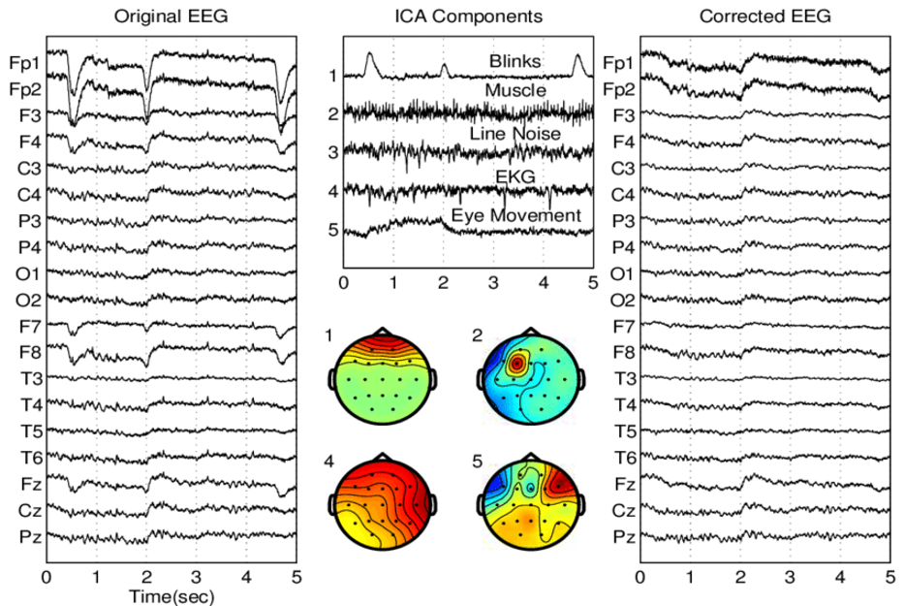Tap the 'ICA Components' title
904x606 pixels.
point(469,16)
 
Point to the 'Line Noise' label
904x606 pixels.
point(514,133)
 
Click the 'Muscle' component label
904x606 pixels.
point(514,91)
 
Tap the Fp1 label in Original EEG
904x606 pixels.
point(24,64)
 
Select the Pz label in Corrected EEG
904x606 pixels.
point(624,535)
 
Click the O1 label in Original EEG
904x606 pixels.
point(26,273)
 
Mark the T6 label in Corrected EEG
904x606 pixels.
point(624,457)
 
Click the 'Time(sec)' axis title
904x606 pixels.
point(171,594)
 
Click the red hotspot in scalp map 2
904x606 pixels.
point(517,363)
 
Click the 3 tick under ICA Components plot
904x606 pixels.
point(494,283)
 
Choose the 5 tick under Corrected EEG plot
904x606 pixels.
point(888,576)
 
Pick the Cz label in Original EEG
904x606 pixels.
point(26,509)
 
